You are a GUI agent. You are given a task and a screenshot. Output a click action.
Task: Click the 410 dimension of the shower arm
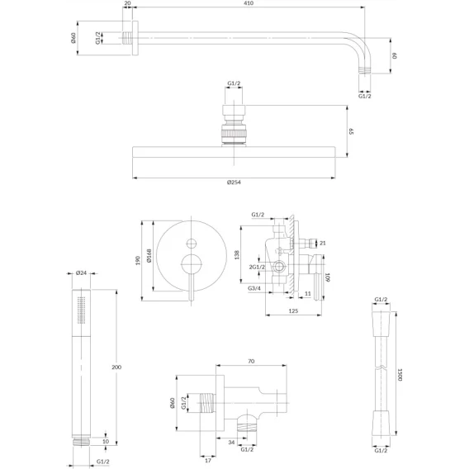(249, 3)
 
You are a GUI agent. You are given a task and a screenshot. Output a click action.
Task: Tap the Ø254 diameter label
(234, 182)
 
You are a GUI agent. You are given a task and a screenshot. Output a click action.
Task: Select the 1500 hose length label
(400, 374)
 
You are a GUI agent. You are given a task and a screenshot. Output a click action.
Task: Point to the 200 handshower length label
(116, 367)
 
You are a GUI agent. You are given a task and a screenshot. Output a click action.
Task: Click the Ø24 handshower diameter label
(81, 272)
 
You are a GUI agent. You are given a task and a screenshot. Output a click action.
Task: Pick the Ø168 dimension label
(149, 255)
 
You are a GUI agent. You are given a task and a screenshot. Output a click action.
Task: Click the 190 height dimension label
(138, 260)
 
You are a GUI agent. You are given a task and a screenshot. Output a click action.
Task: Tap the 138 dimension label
(237, 255)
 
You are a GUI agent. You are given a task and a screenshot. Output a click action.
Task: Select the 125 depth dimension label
(293, 311)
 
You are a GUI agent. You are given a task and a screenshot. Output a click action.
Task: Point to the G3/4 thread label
(254, 288)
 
